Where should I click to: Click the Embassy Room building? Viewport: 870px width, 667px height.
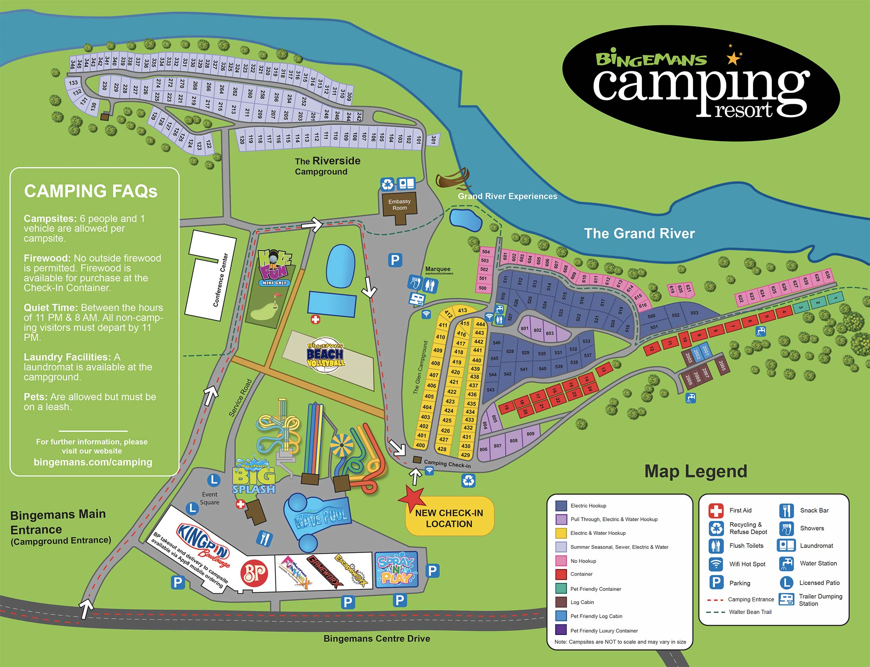(400, 205)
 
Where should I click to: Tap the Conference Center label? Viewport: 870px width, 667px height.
(220, 280)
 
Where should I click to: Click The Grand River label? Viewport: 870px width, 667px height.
(639, 234)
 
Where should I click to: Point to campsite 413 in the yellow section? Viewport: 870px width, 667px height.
(462, 310)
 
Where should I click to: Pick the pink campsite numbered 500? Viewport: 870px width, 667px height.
(482, 288)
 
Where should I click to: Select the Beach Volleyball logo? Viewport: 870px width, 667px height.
(325, 355)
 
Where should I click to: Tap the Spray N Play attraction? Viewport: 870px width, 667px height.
(396, 570)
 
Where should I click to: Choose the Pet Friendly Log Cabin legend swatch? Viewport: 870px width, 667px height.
(561, 616)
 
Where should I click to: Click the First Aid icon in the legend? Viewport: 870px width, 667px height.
(716, 511)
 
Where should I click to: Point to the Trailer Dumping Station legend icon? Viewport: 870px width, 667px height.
(786, 600)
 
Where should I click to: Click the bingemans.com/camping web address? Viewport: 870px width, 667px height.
(93, 462)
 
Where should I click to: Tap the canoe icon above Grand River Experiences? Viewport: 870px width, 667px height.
(453, 179)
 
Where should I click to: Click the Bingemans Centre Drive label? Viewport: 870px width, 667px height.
(376, 639)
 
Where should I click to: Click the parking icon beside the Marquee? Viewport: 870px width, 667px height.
(395, 260)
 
